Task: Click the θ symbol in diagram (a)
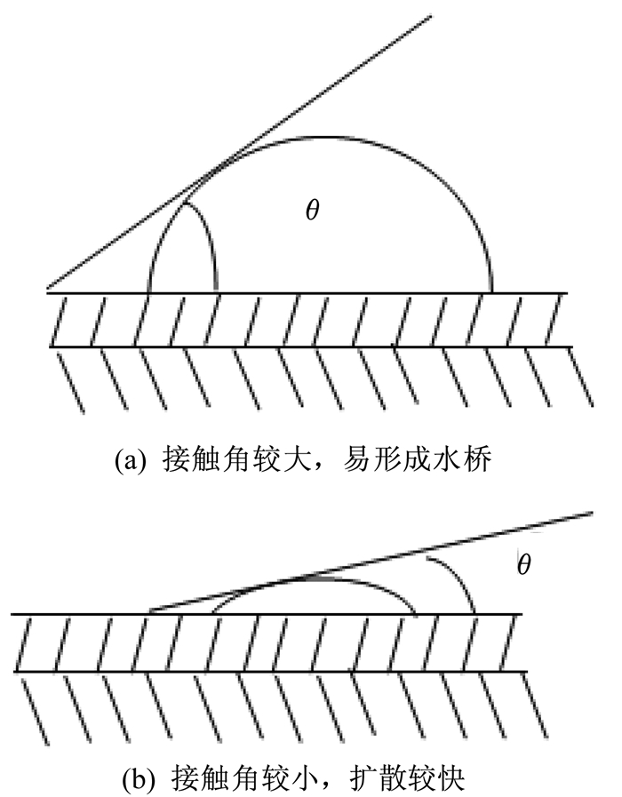pos(313,210)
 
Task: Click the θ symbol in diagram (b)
pos(524,563)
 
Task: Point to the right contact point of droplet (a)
pos(491,292)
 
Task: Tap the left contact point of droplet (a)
pos(148,292)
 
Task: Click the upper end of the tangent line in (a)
pos(431,16)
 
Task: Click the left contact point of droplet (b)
pos(212,613)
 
